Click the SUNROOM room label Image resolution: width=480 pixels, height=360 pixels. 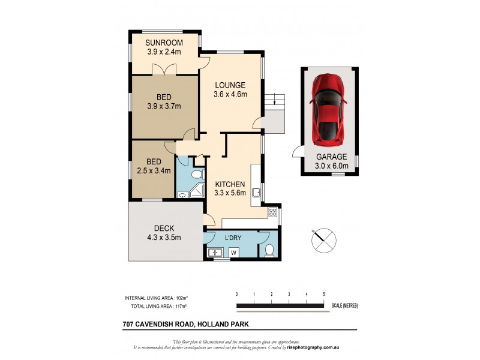pos(164,43)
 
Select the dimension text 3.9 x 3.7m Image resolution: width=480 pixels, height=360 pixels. pos(164,107)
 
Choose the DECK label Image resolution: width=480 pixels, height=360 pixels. pos(163,227)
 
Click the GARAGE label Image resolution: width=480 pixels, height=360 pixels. pos(331,157)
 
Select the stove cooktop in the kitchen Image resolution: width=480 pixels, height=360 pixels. pos(272,212)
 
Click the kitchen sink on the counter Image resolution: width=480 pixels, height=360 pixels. pos(256,193)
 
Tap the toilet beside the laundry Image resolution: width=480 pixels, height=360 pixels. pos(269,251)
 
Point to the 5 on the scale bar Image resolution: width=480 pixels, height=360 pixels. pos(324,294)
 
